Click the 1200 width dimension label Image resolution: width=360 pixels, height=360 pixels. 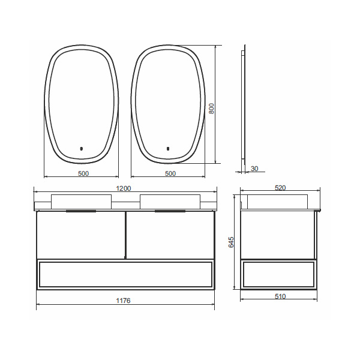[124, 188]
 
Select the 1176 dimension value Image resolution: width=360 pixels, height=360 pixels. [123, 301]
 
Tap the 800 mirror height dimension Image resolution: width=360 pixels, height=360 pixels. [211, 109]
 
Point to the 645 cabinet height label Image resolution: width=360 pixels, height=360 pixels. [231, 242]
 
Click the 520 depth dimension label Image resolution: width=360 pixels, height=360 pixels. [280, 188]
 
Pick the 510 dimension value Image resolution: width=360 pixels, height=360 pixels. [280, 296]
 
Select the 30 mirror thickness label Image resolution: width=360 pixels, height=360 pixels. [254, 169]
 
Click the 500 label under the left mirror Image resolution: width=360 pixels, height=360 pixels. [83, 173]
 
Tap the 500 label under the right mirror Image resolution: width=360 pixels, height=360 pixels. [170, 173]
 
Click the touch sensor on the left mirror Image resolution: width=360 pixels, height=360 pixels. [81, 149]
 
